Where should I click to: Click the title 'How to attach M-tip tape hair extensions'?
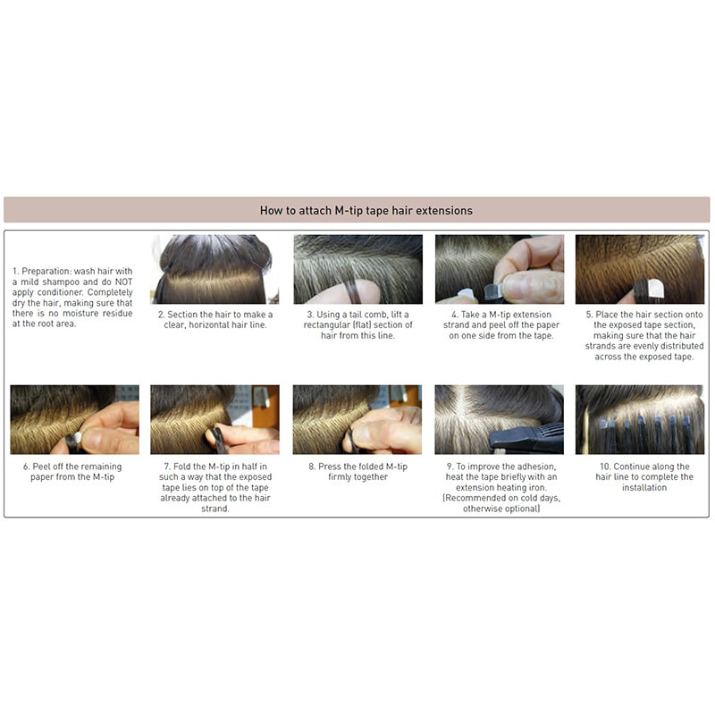click(366, 210)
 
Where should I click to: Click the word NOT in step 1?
click(123, 282)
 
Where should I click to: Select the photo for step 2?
click(215, 269)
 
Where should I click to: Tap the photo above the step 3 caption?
click(358, 269)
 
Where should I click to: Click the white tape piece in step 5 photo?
click(655, 290)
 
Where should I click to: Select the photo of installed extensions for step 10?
click(640, 419)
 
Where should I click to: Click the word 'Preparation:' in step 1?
click(46, 272)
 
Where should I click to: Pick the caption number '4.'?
click(455, 315)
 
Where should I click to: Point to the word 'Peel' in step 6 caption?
click(40, 467)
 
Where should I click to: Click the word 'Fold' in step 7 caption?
click(181, 467)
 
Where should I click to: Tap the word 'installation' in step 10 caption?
click(644, 487)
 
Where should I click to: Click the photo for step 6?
click(75, 419)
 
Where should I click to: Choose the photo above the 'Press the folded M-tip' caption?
click(357, 419)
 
